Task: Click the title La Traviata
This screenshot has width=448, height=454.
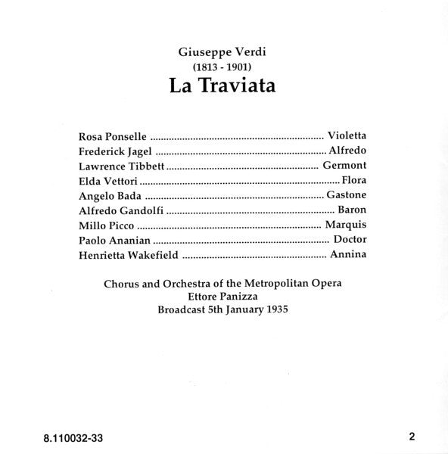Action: coord(223,85)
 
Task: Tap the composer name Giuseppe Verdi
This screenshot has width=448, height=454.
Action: coord(223,52)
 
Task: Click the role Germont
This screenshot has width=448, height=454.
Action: coord(344,166)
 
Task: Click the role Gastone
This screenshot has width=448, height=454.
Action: coord(346,195)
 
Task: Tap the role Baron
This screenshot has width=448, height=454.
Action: coord(351,210)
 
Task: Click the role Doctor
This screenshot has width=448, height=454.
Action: coord(349,240)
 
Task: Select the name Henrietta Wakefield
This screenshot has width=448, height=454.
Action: coord(129,255)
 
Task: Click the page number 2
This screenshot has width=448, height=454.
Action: coord(412,435)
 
